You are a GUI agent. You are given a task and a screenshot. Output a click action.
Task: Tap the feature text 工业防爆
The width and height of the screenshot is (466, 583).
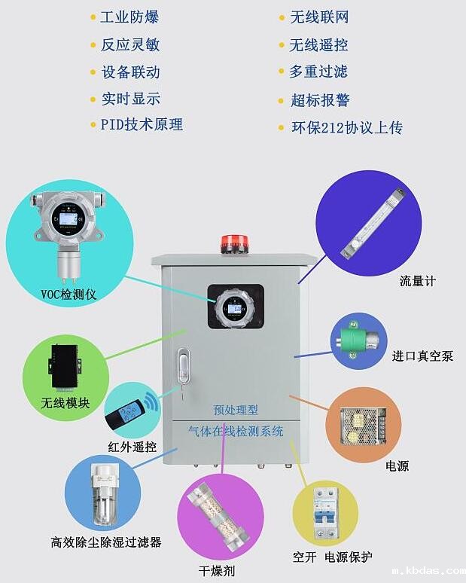pyautogui.click(x=129, y=17)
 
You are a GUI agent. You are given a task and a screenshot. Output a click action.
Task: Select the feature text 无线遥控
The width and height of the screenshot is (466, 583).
pyautogui.click(x=318, y=44)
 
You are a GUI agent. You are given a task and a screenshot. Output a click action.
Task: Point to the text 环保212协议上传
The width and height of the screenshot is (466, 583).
pyautogui.click(x=347, y=127)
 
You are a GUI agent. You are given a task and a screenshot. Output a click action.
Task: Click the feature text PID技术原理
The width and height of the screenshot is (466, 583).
pyautogui.click(x=142, y=124)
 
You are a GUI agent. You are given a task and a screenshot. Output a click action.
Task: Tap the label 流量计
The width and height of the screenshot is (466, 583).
pyautogui.click(x=418, y=281)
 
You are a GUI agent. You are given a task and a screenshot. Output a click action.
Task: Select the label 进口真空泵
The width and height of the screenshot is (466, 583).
pyautogui.click(x=422, y=356)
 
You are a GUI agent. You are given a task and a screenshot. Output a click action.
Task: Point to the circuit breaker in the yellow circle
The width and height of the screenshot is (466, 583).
pyautogui.click(x=325, y=512)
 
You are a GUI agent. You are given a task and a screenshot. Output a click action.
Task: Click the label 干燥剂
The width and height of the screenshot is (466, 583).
pyautogui.click(x=218, y=570)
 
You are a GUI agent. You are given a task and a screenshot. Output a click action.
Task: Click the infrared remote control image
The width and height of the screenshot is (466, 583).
pyautogui.click(x=128, y=414)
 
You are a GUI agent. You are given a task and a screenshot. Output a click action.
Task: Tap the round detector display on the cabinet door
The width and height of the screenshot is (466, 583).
pyautogui.click(x=234, y=309)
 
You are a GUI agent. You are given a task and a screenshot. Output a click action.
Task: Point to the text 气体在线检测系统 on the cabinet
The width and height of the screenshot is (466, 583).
pyautogui.click(x=236, y=432)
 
